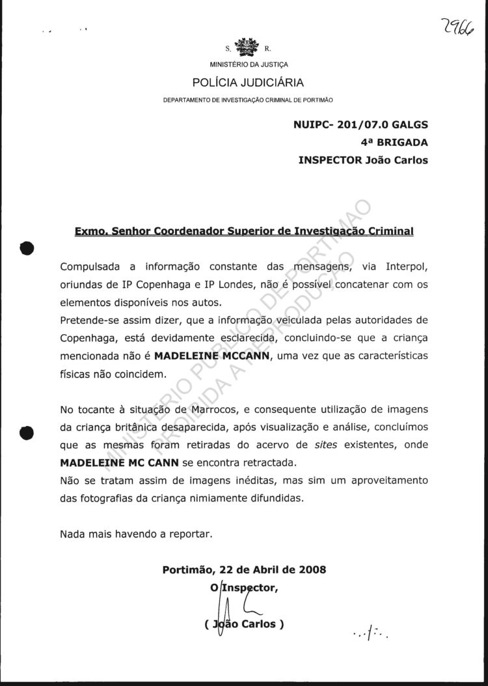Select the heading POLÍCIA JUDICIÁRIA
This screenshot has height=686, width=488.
[248, 82]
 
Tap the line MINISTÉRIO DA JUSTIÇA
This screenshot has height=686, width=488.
[249, 64]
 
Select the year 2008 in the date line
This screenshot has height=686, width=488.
[312, 569]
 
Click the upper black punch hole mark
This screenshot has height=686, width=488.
[27, 250]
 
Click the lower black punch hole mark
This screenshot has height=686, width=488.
[27, 433]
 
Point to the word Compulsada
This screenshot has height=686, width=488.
[90, 267]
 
